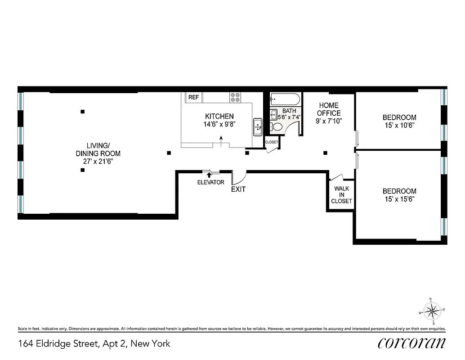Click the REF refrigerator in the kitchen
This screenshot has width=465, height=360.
click(x=193, y=97)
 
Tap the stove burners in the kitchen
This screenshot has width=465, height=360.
click(x=235, y=97)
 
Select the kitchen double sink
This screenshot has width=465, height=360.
click(x=258, y=126)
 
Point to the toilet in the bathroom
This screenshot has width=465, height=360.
click(x=277, y=127)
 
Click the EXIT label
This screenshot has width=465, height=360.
click(x=238, y=189)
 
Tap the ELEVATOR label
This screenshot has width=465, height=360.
click(x=210, y=182)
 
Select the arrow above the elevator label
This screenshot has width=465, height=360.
click(x=209, y=174)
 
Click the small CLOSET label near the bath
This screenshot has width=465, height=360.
click(x=272, y=142)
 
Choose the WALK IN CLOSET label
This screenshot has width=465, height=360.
click(x=341, y=195)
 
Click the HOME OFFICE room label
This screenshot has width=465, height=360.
click(x=329, y=109)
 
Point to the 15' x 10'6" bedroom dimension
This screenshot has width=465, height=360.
click(x=399, y=125)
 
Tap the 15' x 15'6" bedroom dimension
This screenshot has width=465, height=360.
click(x=399, y=198)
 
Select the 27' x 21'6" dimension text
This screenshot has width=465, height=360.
click(x=98, y=161)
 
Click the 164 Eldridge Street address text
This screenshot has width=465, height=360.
click(x=94, y=344)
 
